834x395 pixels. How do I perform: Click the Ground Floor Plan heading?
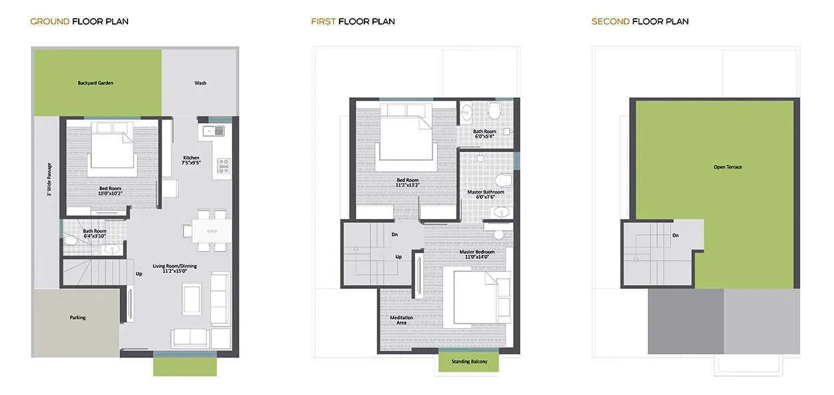pyautogui.click(x=79, y=21)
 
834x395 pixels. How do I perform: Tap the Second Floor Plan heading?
pyautogui.click(x=640, y=21)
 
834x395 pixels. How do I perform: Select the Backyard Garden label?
pyautogui.click(x=95, y=83)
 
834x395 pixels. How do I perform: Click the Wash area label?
pyautogui.click(x=200, y=83)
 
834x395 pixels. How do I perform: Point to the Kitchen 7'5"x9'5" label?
pyautogui.click(x=191, y=160)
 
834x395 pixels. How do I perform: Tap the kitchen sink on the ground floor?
pyautogui.click(x=215, y=130)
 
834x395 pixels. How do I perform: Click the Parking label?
pyautogui.click(x=77, y=318)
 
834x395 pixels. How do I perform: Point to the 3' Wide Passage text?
pyautogui.click(x=49, y=180)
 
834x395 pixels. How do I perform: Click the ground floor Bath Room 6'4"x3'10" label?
pyautogui.click(x=94, y=234)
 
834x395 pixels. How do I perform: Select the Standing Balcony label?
pyautogui.click(x=469, y=362)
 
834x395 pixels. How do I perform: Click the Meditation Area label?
pyautogui.click(x=402, y=320)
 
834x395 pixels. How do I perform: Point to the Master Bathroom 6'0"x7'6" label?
pyautogui.click(x=486, y=194)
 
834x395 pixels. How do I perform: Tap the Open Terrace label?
pyautogui.click(x=727, y=167)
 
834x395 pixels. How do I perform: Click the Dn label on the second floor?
pyautogui.click(x=676, y=236)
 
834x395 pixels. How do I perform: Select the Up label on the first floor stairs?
pyautogui.click(x=399, y=257)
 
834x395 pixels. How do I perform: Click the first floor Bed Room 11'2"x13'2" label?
pyautogui.click(x=408, y=182)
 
